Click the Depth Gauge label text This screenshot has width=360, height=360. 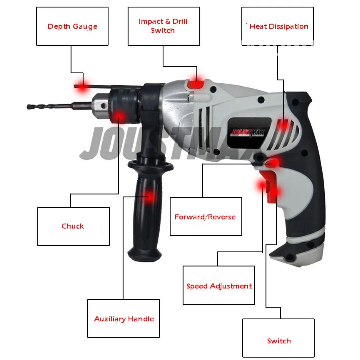(x=72, y=26)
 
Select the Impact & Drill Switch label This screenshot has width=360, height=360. (x=163, y=26)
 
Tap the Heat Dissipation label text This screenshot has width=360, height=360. (x=279, y=26)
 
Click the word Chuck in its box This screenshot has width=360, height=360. (x=73, y=226)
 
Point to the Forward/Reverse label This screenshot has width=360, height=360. (x=205, y=217)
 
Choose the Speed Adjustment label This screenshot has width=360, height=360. (x=219, y=286)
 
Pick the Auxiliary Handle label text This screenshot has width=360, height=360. (x=124, y=319)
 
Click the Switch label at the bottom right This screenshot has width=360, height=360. (x=279, y=341)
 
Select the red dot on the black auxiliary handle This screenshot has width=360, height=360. (x=149, y=197)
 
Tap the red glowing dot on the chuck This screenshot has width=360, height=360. (x=119, y=117)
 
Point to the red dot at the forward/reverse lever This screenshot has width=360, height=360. (x=274, y=163)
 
